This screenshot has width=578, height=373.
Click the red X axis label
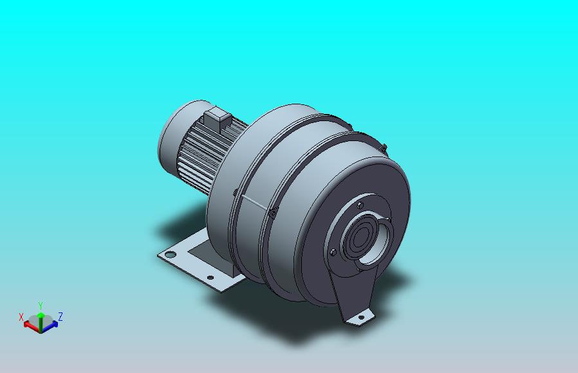[x=21, y=317]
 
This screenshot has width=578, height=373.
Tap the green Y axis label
[x=41, y=305]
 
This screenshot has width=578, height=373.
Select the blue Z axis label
[x=61, y=316]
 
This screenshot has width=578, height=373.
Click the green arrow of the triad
[x=41, y=320]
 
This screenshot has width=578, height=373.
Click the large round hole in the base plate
[x=171, y=254]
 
